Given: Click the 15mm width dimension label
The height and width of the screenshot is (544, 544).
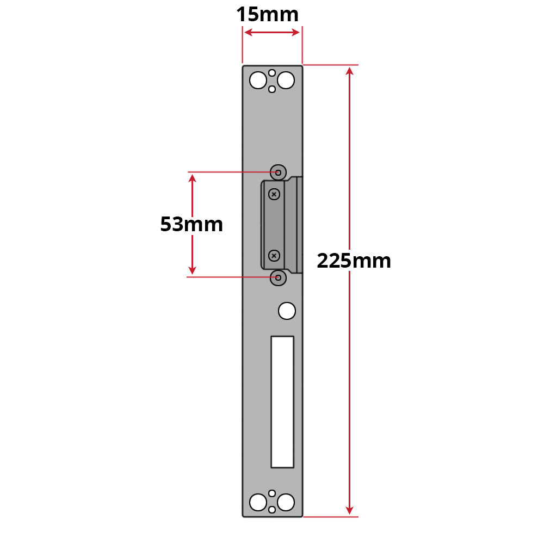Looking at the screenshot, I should point(267,15).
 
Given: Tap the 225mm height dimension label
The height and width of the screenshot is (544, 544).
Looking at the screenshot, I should point(354,261).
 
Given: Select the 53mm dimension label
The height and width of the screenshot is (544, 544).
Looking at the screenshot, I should point(191,224).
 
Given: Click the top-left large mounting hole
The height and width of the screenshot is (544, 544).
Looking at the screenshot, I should point(257,81).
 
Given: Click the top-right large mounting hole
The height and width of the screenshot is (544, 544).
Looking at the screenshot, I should point(286,81).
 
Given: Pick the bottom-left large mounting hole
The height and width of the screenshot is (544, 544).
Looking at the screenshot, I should point(257,501).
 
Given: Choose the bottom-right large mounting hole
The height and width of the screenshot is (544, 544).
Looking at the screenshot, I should point(286,501).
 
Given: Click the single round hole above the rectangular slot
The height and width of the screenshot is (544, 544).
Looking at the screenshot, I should point(287,311).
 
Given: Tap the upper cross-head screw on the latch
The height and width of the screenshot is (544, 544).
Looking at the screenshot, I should point(274,194).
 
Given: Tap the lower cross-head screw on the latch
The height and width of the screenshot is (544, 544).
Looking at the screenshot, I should point(274,255).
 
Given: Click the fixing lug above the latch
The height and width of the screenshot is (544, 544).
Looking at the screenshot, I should point(279,172).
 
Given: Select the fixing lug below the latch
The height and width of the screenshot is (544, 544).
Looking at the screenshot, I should point(279,277).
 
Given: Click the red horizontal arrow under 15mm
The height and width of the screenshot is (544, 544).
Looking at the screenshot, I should point(272,33).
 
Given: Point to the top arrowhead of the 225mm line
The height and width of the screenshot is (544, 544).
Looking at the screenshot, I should point(349,71).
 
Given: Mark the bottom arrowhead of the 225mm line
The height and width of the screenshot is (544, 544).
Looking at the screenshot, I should point(349,510).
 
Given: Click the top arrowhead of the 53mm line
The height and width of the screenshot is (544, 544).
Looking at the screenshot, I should point(192,178).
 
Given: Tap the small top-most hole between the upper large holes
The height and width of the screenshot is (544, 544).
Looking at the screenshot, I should point(271,72).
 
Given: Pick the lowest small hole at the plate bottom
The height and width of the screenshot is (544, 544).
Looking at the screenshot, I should point(271,510).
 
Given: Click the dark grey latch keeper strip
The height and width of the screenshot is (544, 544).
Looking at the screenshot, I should point(274,224).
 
